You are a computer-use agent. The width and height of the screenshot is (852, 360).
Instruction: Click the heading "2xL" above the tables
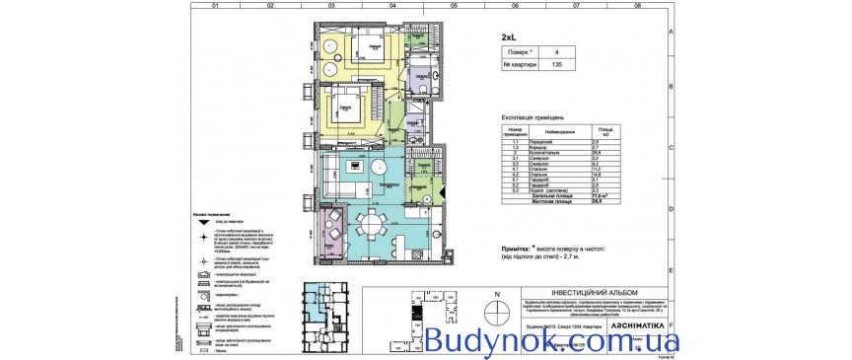508,36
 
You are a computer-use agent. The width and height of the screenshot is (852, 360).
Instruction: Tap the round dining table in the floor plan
372,219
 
